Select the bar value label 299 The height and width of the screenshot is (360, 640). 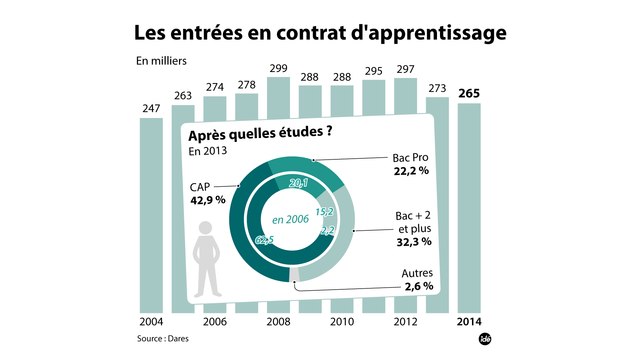pos(280,68)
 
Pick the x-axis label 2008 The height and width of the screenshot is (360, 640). pos(280,323)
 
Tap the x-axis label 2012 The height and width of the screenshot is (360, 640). pos(406,323)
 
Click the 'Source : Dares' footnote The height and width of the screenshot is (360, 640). pos(166,340)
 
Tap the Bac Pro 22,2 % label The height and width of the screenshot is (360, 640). pos(408,164)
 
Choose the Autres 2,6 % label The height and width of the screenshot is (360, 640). pos(411,280)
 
